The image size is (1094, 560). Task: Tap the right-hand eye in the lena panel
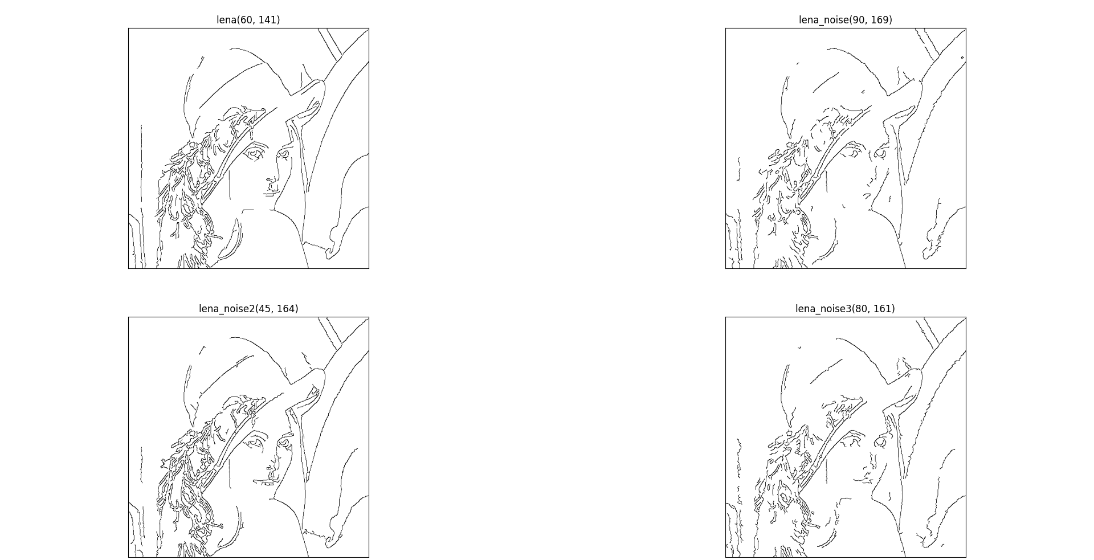click(x=283, y=154)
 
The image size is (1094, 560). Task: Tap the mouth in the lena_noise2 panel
click(x=265, y=482)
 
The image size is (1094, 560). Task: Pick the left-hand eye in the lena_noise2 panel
click(x=255, y=442)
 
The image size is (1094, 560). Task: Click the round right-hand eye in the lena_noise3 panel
click(x=881, y=442)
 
